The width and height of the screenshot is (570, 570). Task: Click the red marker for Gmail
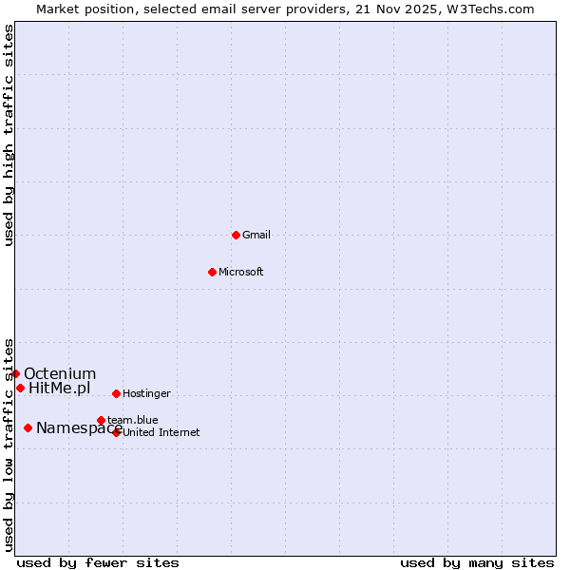click(236, 235)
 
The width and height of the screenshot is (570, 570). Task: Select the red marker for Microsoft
click(212, 272)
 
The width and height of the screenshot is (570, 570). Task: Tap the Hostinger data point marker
click(116, 393)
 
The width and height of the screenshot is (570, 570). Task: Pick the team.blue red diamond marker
click(101, 420)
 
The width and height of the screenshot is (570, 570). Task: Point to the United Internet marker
click(116, 432)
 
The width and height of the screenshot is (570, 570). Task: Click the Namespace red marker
click(28, 427)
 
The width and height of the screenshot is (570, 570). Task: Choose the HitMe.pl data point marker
click(20, 388)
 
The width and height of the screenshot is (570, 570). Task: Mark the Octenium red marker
click(15, 373)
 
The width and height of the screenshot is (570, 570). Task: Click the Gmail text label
click(256, 235)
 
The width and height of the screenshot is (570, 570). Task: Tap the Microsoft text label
click(240, 272)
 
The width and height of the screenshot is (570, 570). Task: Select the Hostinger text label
click(146, 393)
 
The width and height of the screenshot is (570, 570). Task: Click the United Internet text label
click(161, 433)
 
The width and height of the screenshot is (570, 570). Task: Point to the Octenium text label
click(60, 373)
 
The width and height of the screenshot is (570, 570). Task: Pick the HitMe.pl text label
click(59, 388)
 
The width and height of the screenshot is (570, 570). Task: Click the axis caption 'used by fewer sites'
click(98, 562)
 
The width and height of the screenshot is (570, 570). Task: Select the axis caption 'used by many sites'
click(477, 562)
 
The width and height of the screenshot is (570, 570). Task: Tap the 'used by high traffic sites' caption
click(9, 135)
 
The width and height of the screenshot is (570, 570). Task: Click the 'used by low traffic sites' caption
click(9, 445)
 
